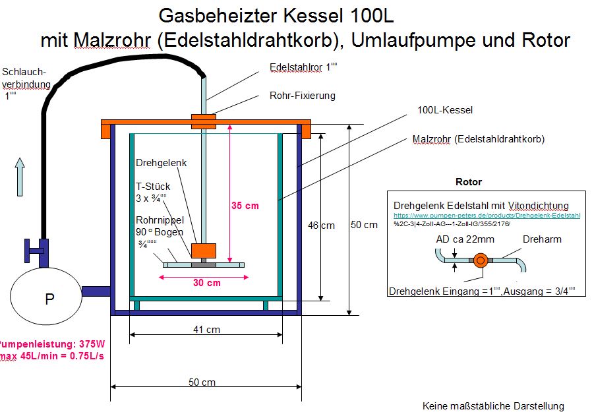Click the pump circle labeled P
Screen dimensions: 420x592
[49, 299]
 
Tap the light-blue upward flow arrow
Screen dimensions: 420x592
[20, 176]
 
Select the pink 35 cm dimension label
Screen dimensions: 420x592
[245, 206]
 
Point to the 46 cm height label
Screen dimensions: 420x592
[321, 225]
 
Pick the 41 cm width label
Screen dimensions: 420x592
[206, 329]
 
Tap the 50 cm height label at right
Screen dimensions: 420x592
[364, 225]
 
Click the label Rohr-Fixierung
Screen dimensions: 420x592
[303, 96]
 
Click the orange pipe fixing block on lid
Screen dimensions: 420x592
[204, 121]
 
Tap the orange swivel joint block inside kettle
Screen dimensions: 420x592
[203, 251]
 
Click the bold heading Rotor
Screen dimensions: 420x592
[469, 182]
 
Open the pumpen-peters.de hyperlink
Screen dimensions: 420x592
[487, 216]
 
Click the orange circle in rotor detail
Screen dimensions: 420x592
[479, 260]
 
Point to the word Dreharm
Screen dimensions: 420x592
[542, 239]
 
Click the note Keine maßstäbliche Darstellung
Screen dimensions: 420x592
[493, 405]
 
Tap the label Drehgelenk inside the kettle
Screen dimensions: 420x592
[161, 163]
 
